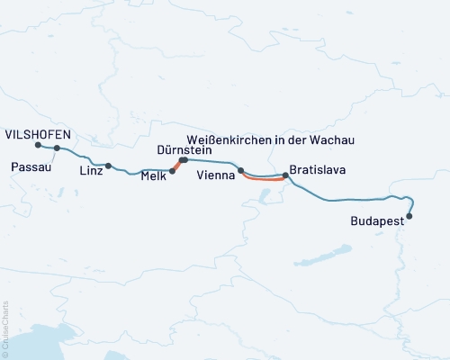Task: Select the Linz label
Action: [x=92, y=170]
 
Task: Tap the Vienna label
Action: [x=216, y=178]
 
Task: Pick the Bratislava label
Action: [x=319, y=169]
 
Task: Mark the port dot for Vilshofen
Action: [x=38, y=145]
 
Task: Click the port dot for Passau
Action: [x=57, y=148]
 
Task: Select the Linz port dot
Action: [x=109, y=166]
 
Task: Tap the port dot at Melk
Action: [x=172, y=169]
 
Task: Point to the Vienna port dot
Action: [x=240, y=170]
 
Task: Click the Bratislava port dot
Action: [x=285, y=176]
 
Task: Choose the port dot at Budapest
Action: [x=409, y=216]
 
